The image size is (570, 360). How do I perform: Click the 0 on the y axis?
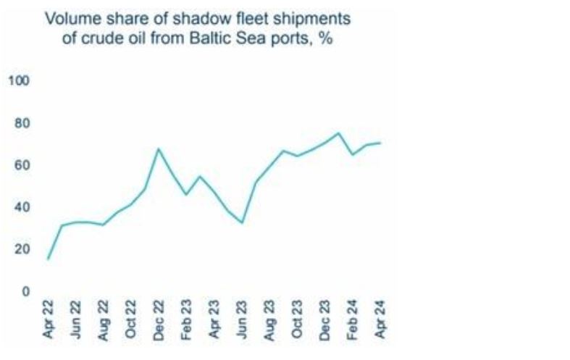(x=25, y=291)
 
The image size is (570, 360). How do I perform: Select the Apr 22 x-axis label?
(x=49, y=319)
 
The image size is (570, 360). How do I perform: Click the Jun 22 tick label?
(x=76, y=319)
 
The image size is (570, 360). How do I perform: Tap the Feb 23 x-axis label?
(x=187, y=319)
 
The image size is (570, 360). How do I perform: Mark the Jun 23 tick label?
(x=243, y=319)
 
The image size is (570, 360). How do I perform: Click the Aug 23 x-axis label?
(x=270, y=319)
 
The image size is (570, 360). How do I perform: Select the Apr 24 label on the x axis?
(x=381, y=319)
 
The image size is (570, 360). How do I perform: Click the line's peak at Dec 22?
(x=159, y=149)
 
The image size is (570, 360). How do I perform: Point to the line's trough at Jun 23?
(x=242, y=222)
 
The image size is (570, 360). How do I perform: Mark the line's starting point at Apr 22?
(x=49, y=259)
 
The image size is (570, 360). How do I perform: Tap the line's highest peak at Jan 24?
(x=338, y=133)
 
